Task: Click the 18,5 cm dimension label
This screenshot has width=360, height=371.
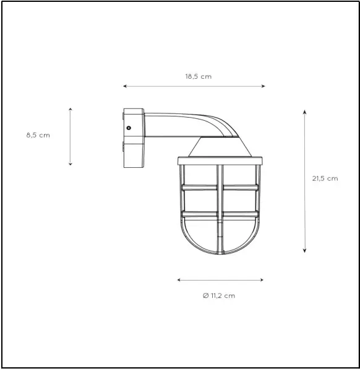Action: [198, 77]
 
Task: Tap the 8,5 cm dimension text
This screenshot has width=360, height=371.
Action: [38, 135]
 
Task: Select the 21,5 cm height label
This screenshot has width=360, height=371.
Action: [325, 178]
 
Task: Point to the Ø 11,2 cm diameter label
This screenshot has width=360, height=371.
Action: [219, 295]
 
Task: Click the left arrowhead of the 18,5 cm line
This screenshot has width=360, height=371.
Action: [125, 86]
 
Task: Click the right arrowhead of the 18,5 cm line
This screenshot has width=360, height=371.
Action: [264, 86]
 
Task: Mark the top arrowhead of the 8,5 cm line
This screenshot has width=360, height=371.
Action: [71, 109]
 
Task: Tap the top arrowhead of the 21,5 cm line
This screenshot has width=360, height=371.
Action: [305, 111]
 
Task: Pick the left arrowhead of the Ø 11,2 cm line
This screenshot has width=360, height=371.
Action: [179, 280]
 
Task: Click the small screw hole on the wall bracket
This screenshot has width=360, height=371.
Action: [129, 127]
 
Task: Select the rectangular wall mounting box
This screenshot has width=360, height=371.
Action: [133, 137]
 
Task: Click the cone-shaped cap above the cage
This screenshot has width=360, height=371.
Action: [220, 147]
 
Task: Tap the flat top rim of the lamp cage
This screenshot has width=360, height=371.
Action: [220, 160]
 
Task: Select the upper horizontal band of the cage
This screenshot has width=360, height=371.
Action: [220, 186]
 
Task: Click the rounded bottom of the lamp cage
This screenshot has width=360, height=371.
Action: [220, 245]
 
